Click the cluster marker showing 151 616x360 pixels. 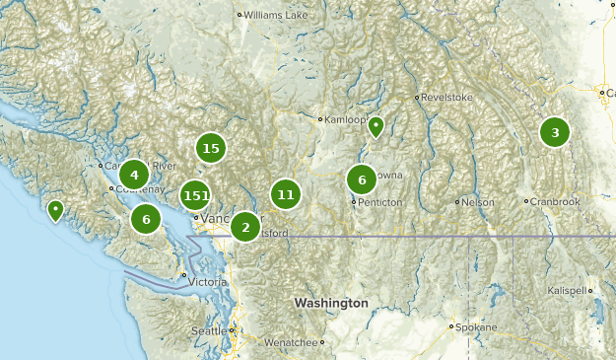click(196, 195)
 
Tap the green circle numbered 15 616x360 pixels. click(210, 149)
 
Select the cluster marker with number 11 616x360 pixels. click(286, 194)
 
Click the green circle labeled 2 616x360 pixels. click(245, 228)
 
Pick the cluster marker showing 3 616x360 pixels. click(555, 132)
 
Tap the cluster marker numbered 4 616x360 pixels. click(134, 175)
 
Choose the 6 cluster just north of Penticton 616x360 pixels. click(362, 180)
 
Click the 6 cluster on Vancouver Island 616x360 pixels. click(146, 219)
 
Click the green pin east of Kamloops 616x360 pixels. click(376, 126)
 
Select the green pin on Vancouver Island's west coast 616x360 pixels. click(56, 209)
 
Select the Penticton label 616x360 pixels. click(381, 202)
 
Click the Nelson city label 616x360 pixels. click(479, 202)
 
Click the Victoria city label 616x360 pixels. click(208, 282)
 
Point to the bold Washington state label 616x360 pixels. click(330, 303)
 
